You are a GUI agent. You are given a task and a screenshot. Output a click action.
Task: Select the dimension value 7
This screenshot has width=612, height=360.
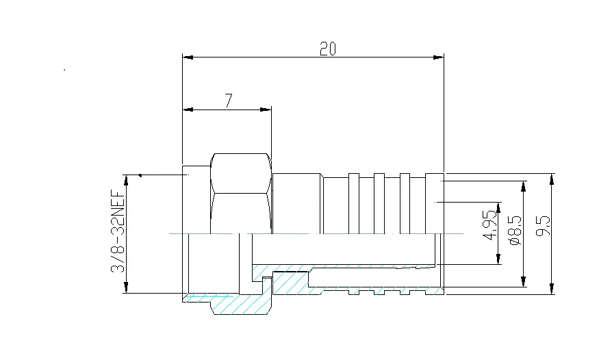click(229, 101)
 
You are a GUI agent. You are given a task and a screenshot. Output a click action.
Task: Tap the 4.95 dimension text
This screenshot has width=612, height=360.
click(489, 225)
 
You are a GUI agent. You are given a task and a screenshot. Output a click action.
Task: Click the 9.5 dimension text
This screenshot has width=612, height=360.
click(544, 227)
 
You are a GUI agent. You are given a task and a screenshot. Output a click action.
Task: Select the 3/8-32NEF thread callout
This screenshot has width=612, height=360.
click(117, 232)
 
